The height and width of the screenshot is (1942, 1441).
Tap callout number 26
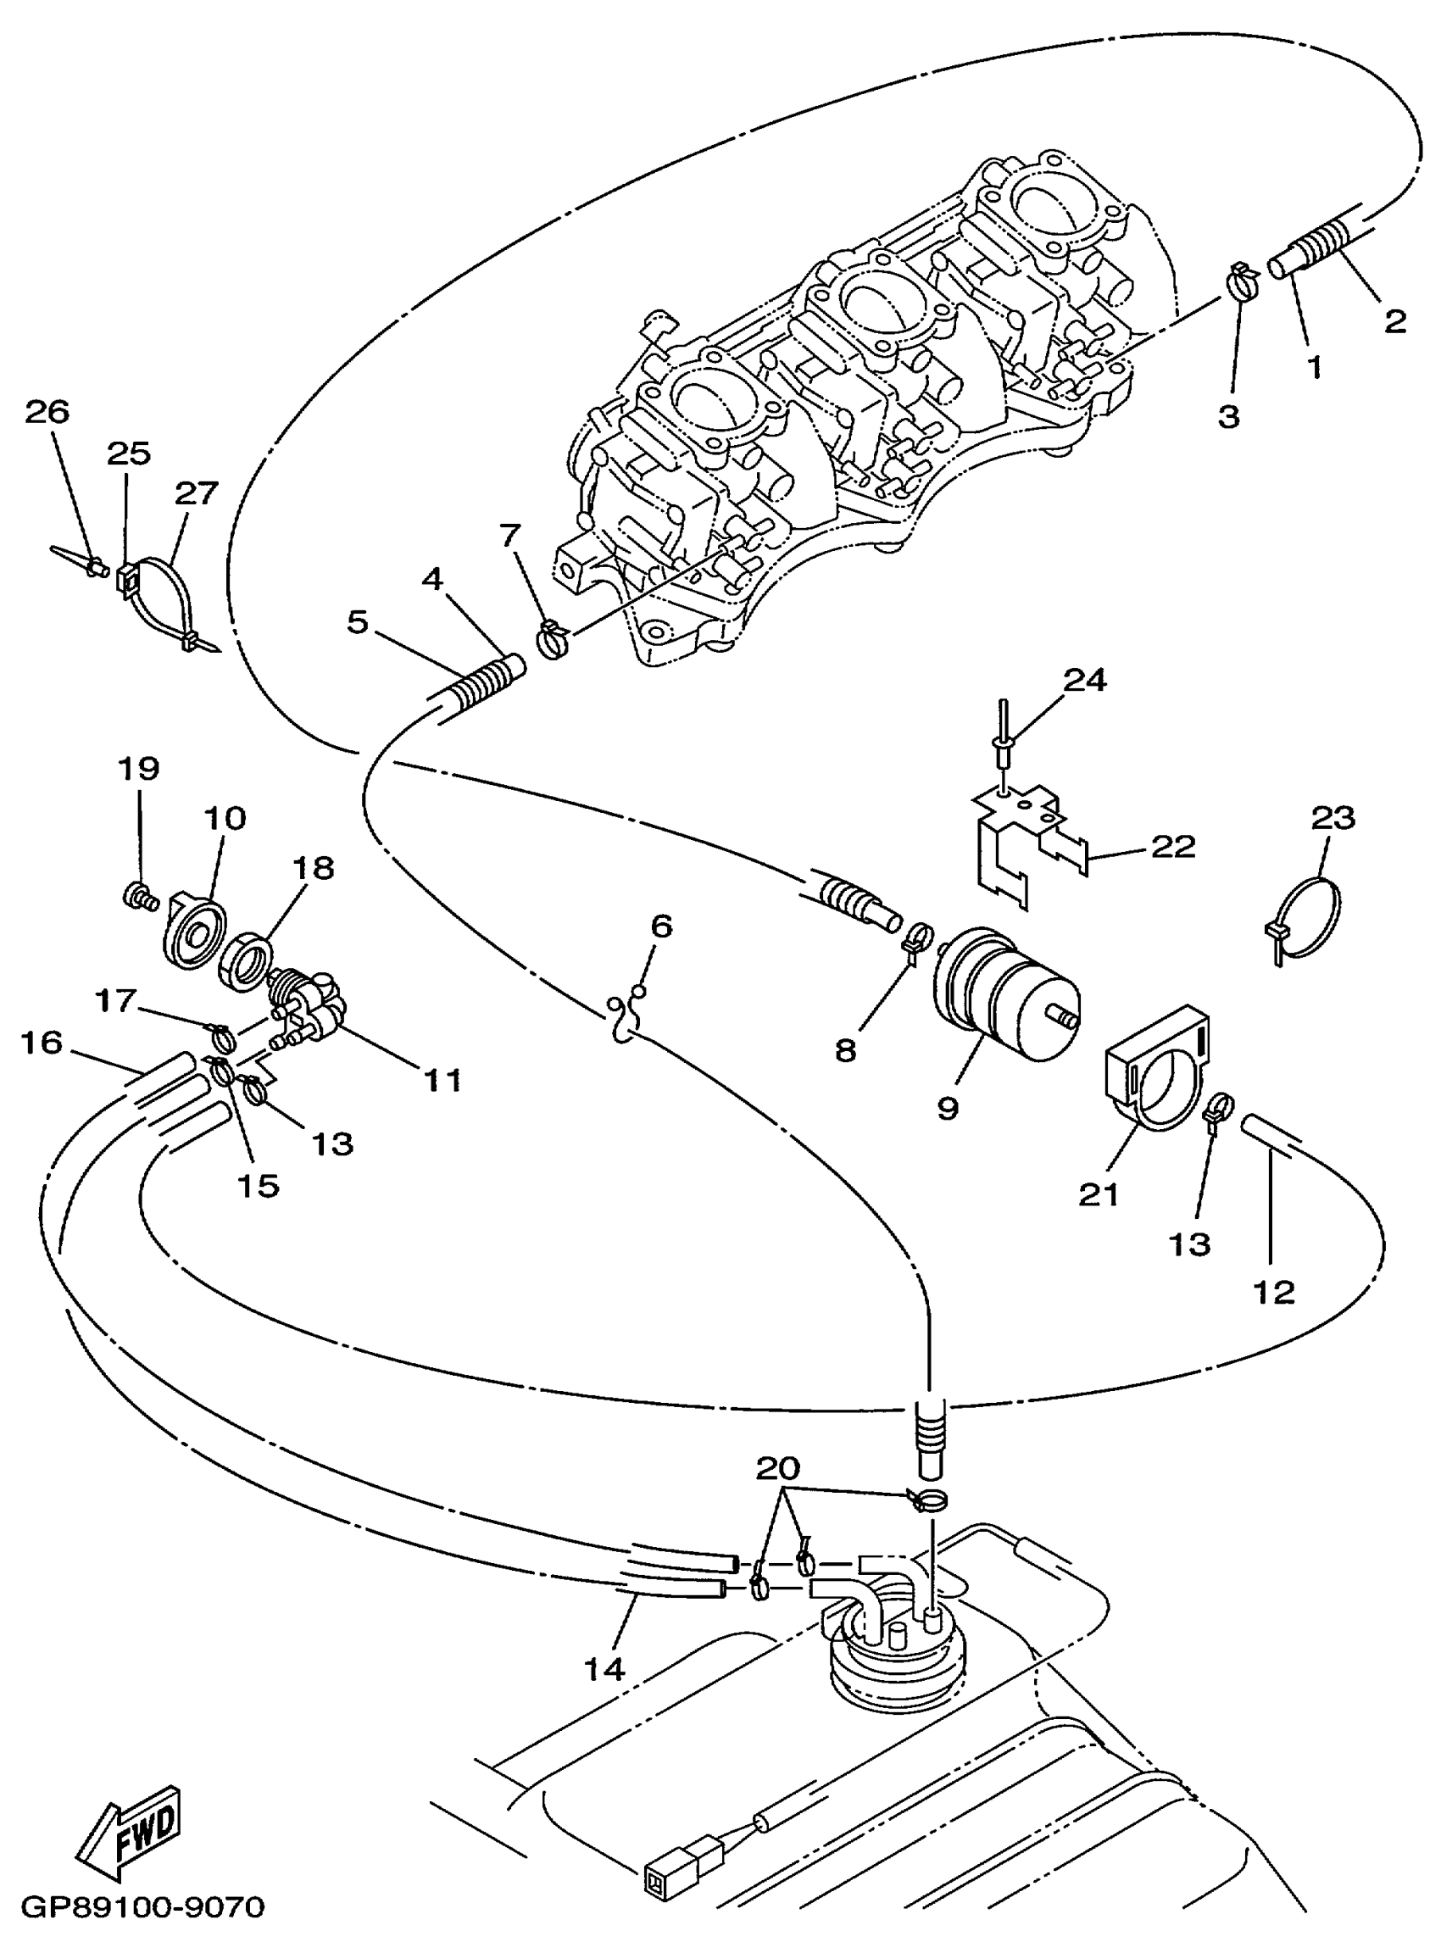pyautogui.click(x=47, y=411)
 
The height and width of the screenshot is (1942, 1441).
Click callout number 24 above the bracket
pyautogui.click(x=1085, y=680)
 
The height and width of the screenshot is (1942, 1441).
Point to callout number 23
pyautogui.click(x=1333, y=817)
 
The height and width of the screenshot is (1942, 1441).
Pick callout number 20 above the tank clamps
pyautogui.click(x=778, y=1467)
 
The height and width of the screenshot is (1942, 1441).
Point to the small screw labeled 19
pyautogui.click(x=137, y=895)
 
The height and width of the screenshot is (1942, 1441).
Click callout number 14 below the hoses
pyautogui.click(x=604, y=1668)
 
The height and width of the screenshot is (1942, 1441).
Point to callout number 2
pyautogui.click(x=1394, y=322)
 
